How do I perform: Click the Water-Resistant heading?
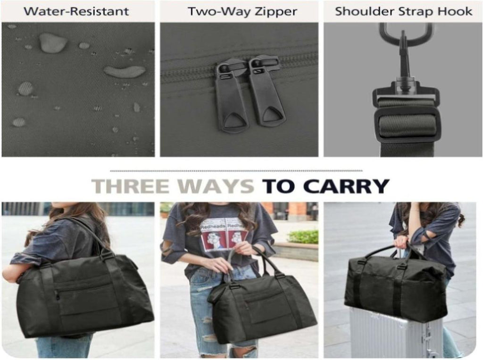(x=76, y=11)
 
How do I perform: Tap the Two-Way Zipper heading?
(x=242, y=12)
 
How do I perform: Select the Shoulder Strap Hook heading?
(x=404, y=11)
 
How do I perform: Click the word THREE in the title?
(x=131, y=186)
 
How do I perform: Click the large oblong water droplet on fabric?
(x=125, y=71)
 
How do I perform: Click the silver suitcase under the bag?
(x=397, y=333)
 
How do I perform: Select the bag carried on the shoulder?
(x=83, y=296)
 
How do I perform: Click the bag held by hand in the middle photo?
(x=262, y=308)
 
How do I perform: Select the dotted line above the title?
(x=236, y=170)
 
